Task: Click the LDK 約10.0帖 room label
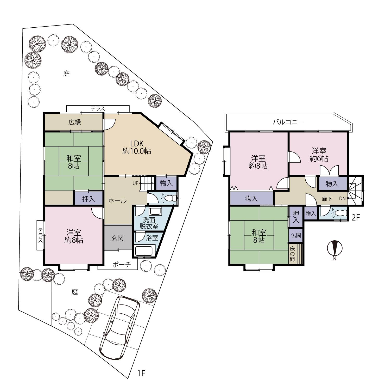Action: [x=137, y=147]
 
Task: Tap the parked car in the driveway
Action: [x=120, y=328]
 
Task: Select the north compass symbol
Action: [x=335, y=250]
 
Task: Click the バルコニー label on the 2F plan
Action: [x=288, y=122]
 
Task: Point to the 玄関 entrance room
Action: [x=118, y=238]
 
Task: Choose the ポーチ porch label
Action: [x=122, y=265]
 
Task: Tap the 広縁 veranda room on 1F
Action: [x=74, y=122]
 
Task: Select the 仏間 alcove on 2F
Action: [x=295, y=235]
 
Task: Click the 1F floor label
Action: [x=141, y=373]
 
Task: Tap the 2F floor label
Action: [x=356, y=218]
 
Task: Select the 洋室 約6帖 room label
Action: [x=319, y=155]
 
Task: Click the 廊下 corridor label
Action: [x=327, y=199]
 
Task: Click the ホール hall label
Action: [x=117, y=200]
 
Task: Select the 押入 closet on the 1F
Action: [x=88, y=199]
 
